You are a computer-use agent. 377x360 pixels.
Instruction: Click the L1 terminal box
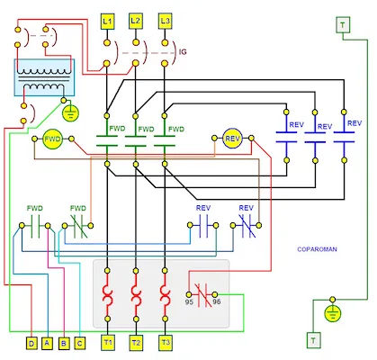pos(107,20)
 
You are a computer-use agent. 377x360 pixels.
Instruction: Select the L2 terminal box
pos(136,20)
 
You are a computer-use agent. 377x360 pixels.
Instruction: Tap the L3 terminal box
pos(165,20)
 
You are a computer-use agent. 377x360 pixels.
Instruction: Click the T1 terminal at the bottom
pos(107,343)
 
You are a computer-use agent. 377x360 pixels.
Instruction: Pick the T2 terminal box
pos(136,343)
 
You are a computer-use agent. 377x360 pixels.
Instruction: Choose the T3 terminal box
pos(165,343)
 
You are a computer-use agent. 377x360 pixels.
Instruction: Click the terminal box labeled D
pos(31,343)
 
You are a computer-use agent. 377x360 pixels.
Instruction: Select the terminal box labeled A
pos(47,343)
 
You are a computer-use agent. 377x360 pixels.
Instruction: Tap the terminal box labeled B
pos(63,343)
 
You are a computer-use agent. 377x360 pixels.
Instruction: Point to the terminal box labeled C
pos(79,343)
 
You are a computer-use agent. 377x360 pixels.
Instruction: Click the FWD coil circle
pos(52,139)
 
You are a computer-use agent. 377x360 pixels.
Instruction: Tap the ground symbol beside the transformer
pos(68,113)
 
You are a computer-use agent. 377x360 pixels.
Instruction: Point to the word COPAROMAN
pos(316,248)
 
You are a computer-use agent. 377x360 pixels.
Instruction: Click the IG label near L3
pos(183,53)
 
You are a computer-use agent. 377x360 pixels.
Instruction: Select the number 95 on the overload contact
pos(189,302)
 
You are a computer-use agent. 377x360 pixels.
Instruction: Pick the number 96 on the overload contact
pos(216,302)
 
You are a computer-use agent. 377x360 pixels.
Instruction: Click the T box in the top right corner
pos(343,25)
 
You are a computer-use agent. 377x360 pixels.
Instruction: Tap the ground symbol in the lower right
pos(333,311)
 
